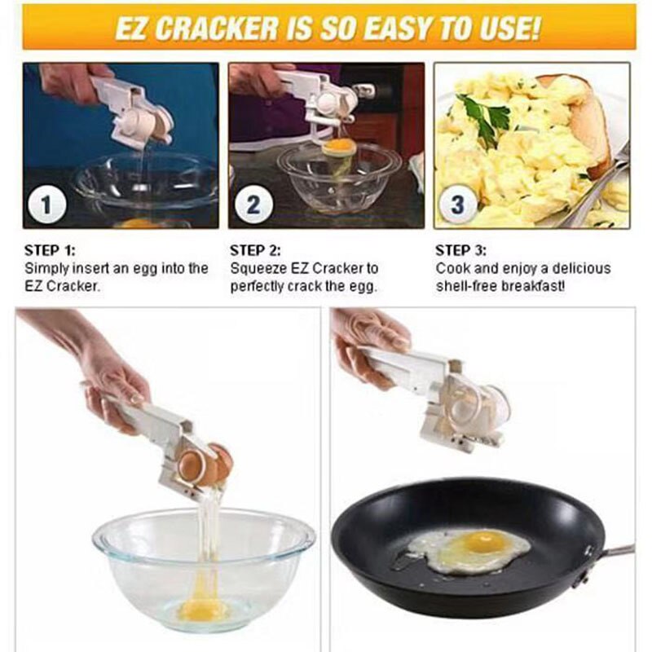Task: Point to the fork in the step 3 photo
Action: click(599, 187)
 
